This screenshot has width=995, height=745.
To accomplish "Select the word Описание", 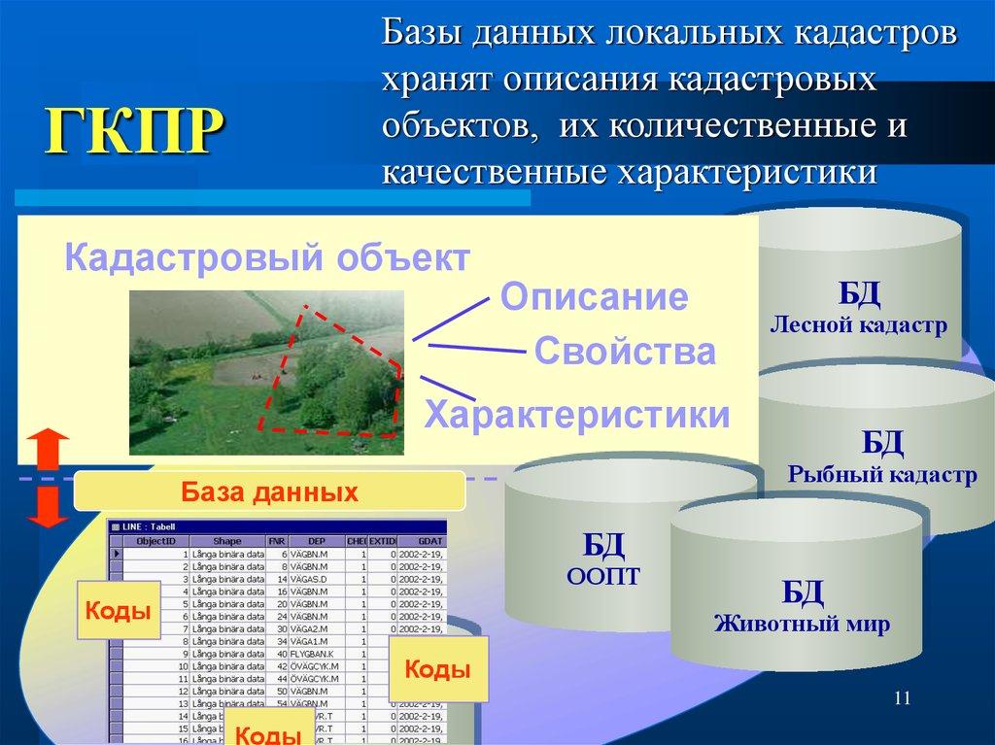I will tap(594, 297).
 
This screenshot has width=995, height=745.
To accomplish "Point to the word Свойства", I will tap(625, 352).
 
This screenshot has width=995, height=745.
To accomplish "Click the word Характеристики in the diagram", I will tap(577, 415).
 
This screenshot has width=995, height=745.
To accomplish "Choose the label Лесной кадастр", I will tap(858, 325).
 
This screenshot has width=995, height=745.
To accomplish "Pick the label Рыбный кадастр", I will tap(882, 475).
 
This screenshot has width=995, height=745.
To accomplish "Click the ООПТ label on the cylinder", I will tap(602, 577).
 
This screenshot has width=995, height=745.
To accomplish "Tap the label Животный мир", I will tap(803, 624).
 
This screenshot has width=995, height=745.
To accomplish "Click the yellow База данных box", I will tap(269, 491).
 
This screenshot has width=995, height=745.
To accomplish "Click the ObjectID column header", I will tap(155, 540).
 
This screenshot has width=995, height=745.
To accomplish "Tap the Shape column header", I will tap(228, 540).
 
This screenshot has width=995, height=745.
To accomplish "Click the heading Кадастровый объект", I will tap(267, 259).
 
